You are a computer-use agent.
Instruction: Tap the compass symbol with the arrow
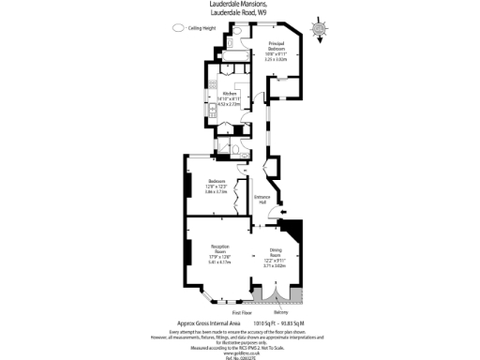(x=321, y=31)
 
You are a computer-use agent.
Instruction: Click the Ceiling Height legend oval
(x=177, y=29)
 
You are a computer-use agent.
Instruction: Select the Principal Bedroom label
(x=276, y=46)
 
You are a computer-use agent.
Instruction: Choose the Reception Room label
(x=218, y=248)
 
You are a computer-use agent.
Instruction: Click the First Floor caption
(x=241, y=311)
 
